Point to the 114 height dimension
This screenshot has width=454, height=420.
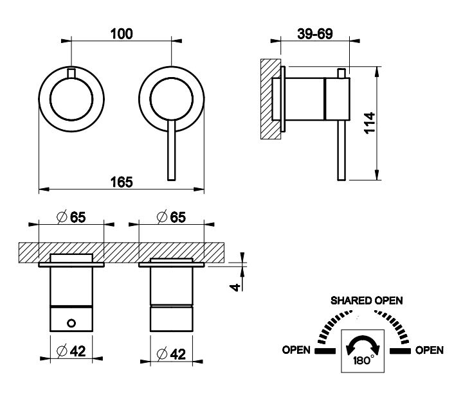click(368, 122)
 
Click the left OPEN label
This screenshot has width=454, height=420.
click(296, 350)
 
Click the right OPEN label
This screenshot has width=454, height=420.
click(429, 350)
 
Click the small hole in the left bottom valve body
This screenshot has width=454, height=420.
click(72, 320)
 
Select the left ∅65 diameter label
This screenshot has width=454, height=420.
click(71, 218)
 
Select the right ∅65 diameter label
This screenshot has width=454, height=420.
click(171, 218)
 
